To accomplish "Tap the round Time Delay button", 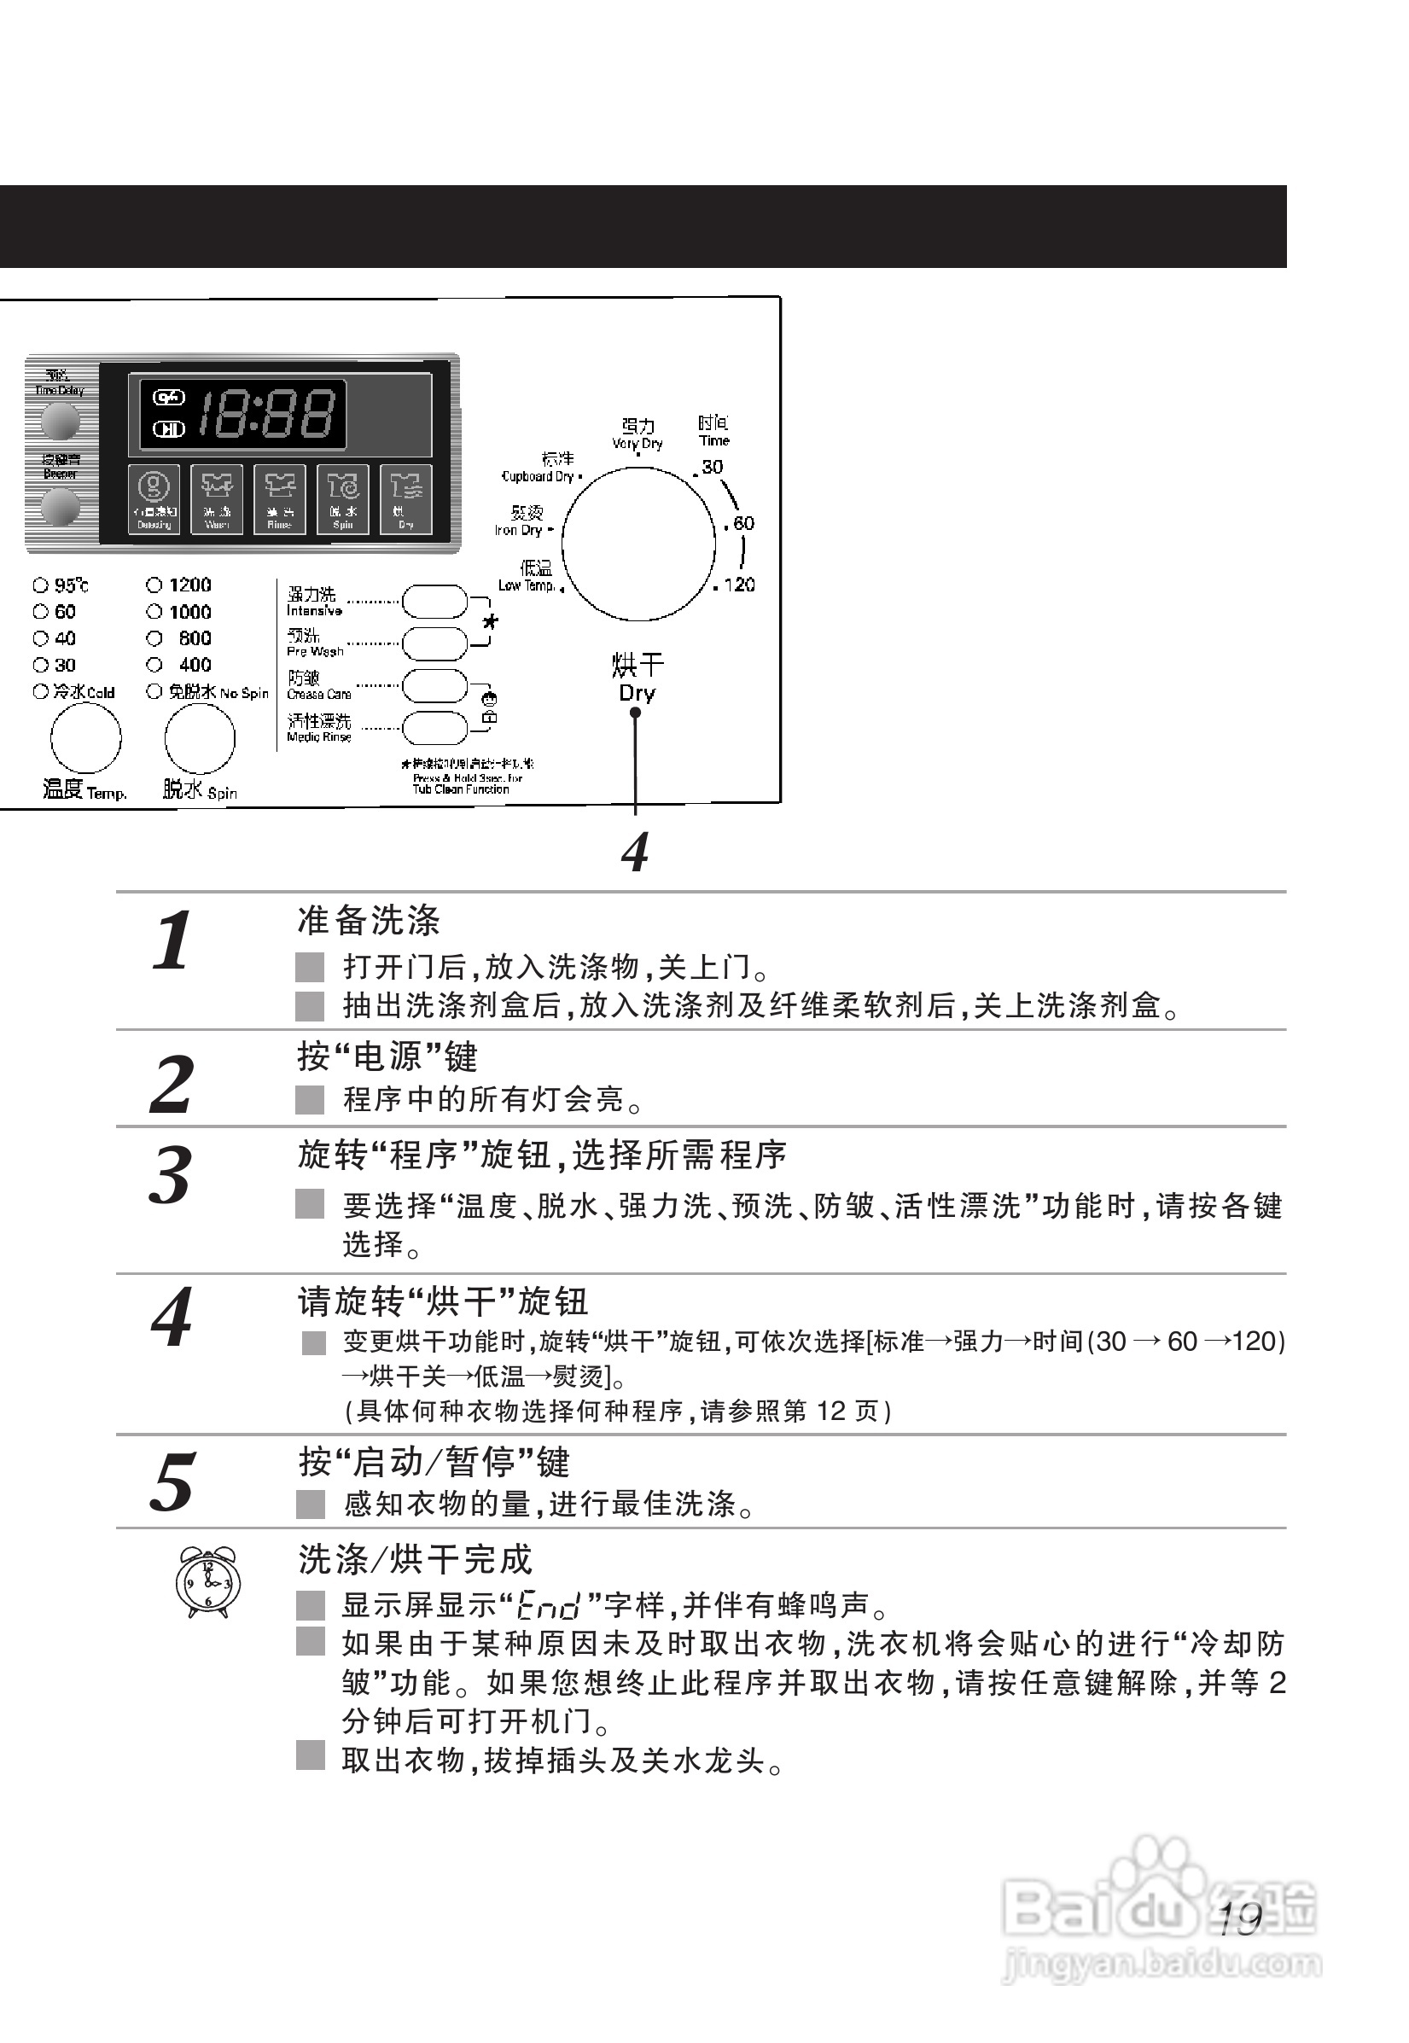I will click(59, 421).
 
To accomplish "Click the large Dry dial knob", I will click(638, 544).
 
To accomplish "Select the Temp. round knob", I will click(85, 738).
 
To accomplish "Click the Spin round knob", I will click(200, 738).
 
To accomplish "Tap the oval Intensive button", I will click(434, 602).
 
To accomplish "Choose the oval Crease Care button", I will click(434, 685).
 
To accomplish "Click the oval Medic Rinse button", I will click(434, 727).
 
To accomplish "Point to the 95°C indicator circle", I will click(41, 585).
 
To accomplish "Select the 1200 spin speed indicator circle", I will click(154, 585).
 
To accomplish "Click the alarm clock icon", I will click(207, 1583).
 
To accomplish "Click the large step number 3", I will click(171, 1175).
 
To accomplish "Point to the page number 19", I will click(1239, 1919).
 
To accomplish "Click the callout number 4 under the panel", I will click(635, 852).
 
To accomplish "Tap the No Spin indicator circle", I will click(154, 691).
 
